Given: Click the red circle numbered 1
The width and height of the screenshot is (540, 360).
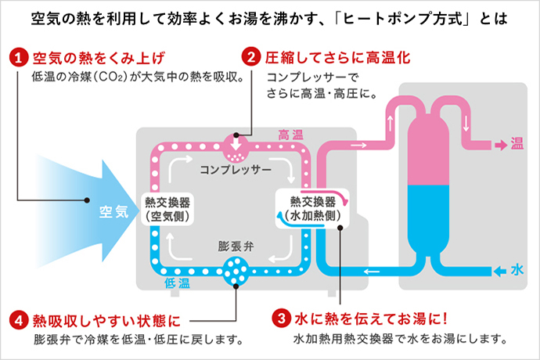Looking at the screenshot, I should (19, 58).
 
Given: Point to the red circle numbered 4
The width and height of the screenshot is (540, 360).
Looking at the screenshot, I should (19, 320).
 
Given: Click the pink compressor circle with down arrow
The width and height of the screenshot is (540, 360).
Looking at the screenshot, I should (236, 144).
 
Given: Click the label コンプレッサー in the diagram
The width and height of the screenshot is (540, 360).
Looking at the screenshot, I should (235, 169).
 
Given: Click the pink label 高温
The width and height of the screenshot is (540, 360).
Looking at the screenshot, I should (290, 135).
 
